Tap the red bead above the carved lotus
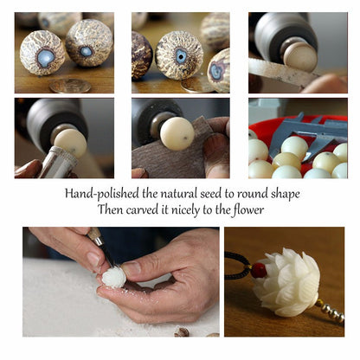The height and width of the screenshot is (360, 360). pyautogui.click(x=259, y=270)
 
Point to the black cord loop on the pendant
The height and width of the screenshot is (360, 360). pyautogui.click(x=236, y=265)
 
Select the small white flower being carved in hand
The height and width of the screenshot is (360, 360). pyautogui.click(x=114, y=277)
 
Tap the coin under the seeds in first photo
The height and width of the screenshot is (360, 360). pyautogui.click(x=70, y=86)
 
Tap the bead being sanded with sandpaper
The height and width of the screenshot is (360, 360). pyautogui.click(x=177, y=133)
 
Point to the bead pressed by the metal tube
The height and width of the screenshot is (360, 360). pyautogui.click(x=70, y=143)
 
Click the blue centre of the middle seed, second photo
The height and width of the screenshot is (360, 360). pyautogui.click(x=181, y=56)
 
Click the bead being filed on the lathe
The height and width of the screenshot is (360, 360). pyautogui.click(x=300, y=56)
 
